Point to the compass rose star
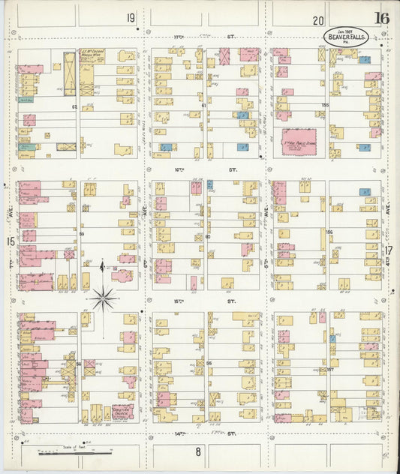pyautogui.click(x=104, y=298)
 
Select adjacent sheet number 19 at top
pyautogui.click(x=131, y=18)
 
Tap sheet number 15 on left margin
pyautogui.click(x=11, y=241)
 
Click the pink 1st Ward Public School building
pyautogui.click(x=298, y=141)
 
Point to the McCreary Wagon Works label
pyautogui.click(x=92, y=55)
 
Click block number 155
pyautogui.click(x=325, y=105)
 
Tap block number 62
pyautogui.click(x=75, y=106)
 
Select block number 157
pyautogui.click(x=329, y=369)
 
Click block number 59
pyautogui.click(x=81, y=235)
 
